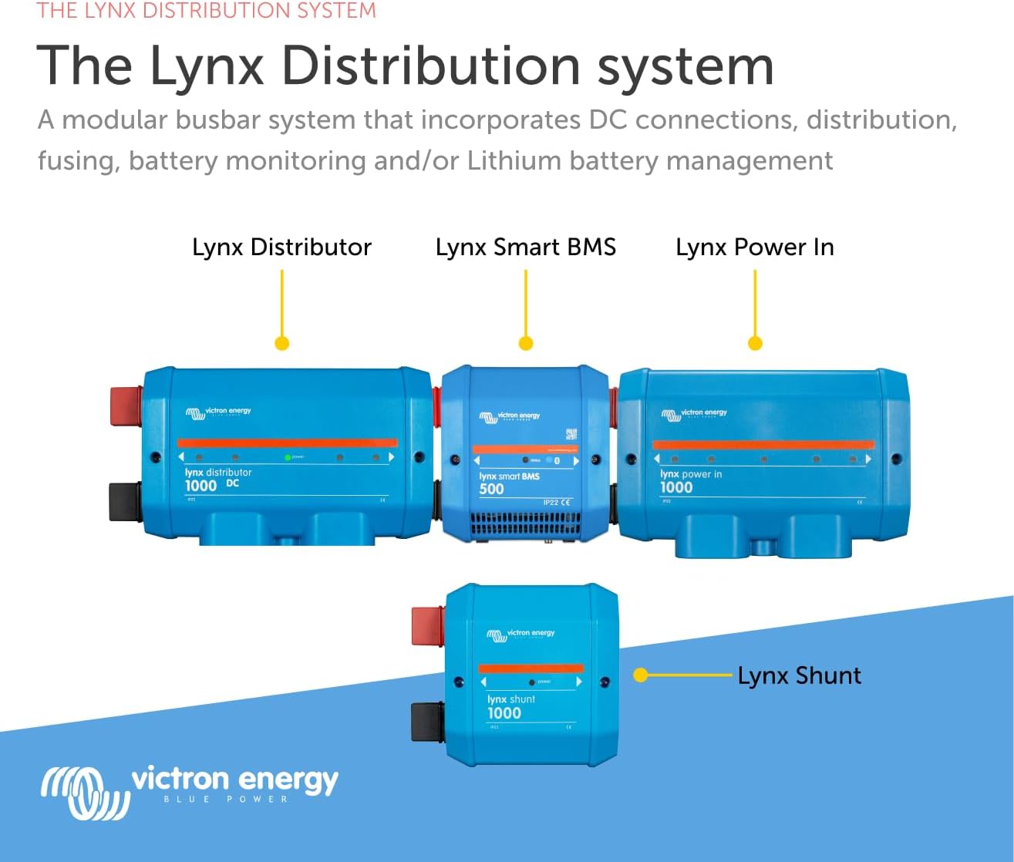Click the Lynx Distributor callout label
[x=281, y=247]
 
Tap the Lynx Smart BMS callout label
[x=525, y=247]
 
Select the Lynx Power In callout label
[x=754, y=247]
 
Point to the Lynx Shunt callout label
[x=799, y=676]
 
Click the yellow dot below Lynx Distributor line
[x=282, y=343]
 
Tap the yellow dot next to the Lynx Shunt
[x=639, y=675]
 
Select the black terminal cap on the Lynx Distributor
[x=126, y=502]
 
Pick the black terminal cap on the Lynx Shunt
[x=427, y=722]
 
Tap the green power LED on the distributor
[x=288, y=457]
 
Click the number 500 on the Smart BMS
[x=491, y=489]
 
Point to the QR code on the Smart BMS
[x=571, y=434]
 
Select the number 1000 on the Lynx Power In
[x=676, y=487]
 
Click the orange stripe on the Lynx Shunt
[x=531, y=668]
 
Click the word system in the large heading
[x=686, y=68]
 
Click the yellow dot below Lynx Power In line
[x=755, y=343]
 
